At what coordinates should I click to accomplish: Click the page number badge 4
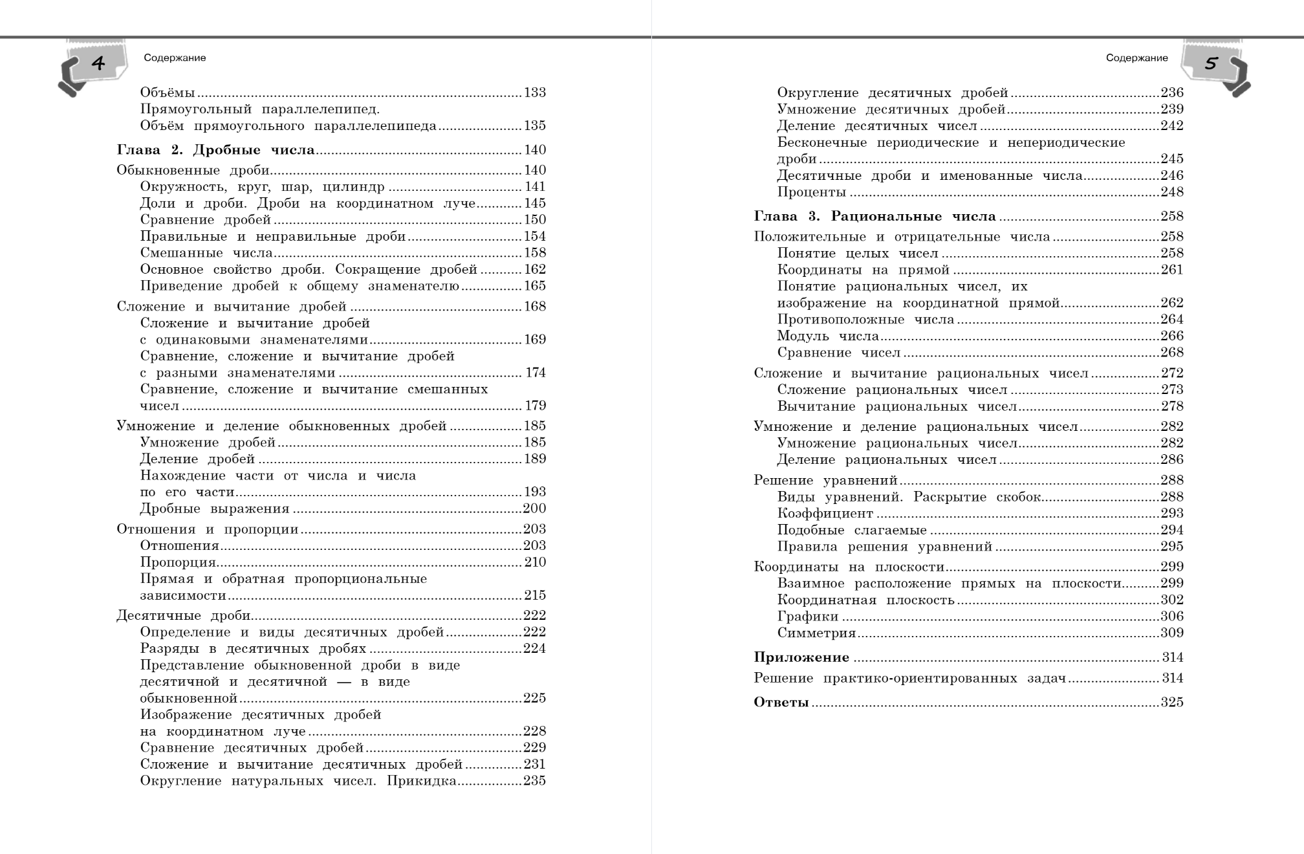[x=98, y=63]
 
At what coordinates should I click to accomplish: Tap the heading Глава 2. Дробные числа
[x=215, y=150]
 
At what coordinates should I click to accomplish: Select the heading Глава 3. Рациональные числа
[x=875, y=216]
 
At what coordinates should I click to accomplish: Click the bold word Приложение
[x=801, y=657]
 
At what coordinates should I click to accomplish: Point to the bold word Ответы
[x=781, y=703]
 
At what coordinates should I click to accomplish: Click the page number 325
[x=1172, y=703]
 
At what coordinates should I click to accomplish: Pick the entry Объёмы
[x=168, y=93]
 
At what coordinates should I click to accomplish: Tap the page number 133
[x=535, y=93]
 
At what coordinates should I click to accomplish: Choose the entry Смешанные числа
[x=206, y=253]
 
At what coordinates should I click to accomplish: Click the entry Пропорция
[x=178, y=562]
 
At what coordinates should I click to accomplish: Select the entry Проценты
[x=812, y=192]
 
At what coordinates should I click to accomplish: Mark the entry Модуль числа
[x=828, y=336]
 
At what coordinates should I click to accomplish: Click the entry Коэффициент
[x=825, y=513]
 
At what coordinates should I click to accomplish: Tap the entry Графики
[x=808, y=617]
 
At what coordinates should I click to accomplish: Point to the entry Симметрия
[x=816, y=633]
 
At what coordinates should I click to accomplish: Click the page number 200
[x=534, y=509]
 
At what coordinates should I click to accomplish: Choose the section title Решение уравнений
[x=825, y=480]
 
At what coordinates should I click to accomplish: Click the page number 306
[x=1172, y=617]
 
